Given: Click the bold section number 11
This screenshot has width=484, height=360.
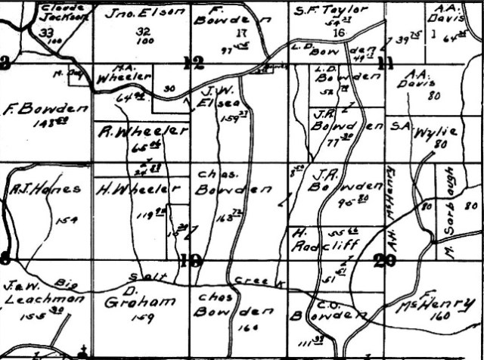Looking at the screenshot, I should coord(387,63).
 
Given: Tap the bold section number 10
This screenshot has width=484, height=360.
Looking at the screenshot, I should coord(191,261).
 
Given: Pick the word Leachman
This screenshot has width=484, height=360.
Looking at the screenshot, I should coord(38,298).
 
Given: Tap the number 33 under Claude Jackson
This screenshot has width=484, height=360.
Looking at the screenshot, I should coord(47,32).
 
